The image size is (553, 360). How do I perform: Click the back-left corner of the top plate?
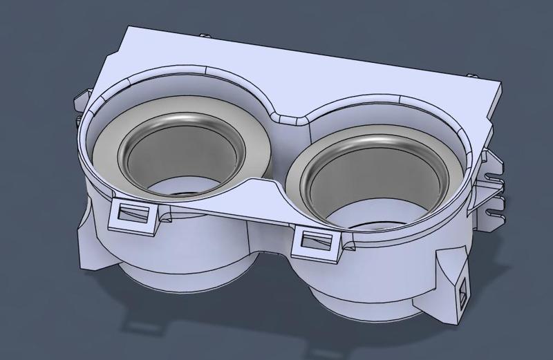(131, 29)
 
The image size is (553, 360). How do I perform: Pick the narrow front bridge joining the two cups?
(273, 197)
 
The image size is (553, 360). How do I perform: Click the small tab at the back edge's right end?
(471, 75)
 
